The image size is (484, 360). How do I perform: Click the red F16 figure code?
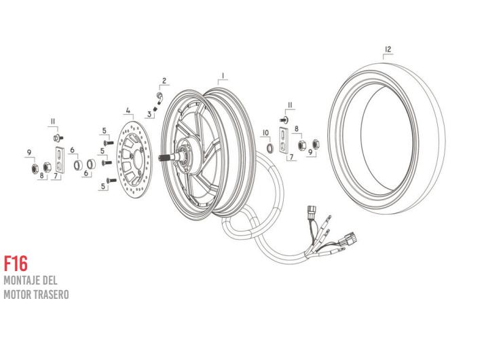(x=16, y=264)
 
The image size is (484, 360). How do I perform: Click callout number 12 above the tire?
(x=388, y=49)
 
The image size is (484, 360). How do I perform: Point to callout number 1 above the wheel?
(x=223, y=75)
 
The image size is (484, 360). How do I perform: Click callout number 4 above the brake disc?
(x=128, y=110)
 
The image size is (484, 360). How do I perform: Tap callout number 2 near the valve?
(x=164, y=81)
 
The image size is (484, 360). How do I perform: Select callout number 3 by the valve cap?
(x=149, y=115)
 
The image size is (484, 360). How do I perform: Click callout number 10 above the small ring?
(x=265, y=132)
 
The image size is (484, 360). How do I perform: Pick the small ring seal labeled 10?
(x=270, y=148)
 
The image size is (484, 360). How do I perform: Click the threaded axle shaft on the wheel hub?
(x=167, y=158)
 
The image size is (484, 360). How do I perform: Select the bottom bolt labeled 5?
(x=111, y=180)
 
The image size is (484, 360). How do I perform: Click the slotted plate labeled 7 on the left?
(x=60, y=160)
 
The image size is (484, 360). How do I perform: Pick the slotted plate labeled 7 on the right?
(x=284, y=141)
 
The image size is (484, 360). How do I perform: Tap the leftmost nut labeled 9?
(x=35, y=168)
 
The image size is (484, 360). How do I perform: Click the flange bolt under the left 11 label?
(x=58, y=137)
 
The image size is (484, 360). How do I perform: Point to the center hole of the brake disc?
(x=138, y=157)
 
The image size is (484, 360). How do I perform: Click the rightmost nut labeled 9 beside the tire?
(x=316, y=143)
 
